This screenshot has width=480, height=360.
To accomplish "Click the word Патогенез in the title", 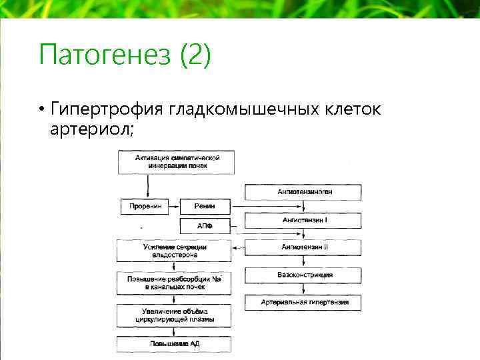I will pyautogui.click(x=105, y=55).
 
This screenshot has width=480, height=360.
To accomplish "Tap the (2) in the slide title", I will pyautogui.click(x=195, y=55).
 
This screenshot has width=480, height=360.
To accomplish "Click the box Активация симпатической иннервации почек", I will pyautogui.click(x=177, y=161).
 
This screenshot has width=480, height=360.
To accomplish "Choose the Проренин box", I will pyautogui.click(x=145, y=207).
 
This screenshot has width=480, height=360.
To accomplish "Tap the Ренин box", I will pyautogui.click(x=205, y=207).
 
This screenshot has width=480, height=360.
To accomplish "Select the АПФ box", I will pyautogui.click(x=205, y=226).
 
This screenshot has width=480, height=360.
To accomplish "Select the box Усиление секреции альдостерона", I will pyautogui.click(x=174, y=251).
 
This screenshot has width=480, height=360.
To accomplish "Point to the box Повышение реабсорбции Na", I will pyautogui.click(x=174, y=283).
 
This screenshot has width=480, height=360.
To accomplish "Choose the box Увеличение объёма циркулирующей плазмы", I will pyautogui.click(x=174, y=315).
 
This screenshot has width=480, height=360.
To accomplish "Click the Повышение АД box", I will pyautogui.click(x=174, y=344).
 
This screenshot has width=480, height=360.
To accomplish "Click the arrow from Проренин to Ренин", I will pyautogui.click(x=174, y=207).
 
